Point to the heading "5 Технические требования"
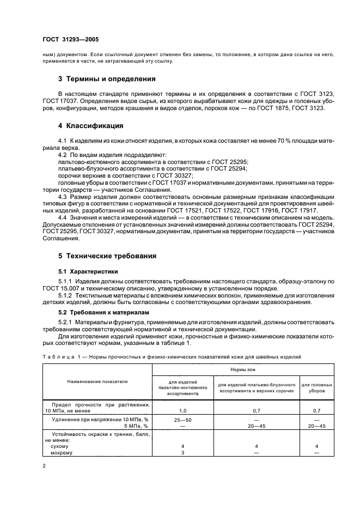(x=107, y=256)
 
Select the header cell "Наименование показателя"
(x=98, y=381)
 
